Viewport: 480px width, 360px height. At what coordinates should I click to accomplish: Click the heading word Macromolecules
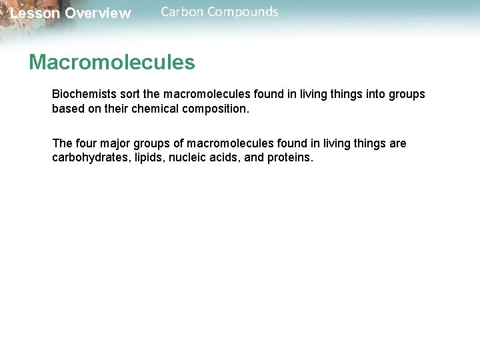(111, 63)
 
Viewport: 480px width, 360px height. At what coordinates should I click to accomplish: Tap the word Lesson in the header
(35, 13)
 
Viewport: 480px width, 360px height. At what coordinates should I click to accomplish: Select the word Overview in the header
(98, 13)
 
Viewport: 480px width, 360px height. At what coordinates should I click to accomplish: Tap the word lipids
(143, 158)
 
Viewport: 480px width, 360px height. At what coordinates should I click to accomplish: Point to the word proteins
(288, 158)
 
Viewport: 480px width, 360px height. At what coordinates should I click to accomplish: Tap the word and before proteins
(254, 158)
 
